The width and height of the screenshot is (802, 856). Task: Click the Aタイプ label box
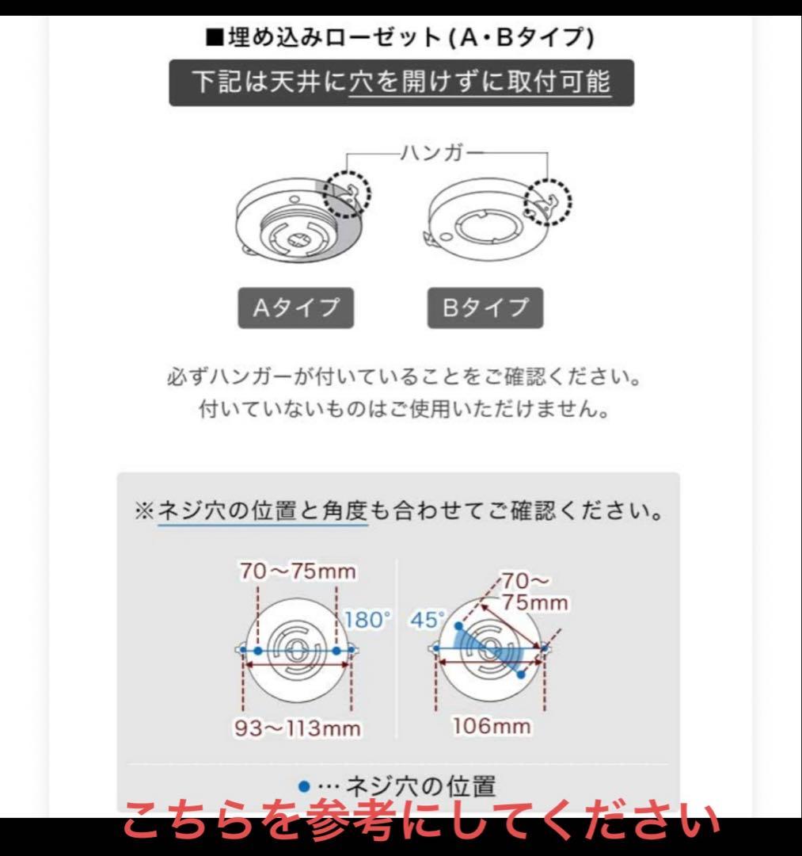tap(295, 308)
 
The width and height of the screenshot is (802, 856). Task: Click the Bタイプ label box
tap(485, 308)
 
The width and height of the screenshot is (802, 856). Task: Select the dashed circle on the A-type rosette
tap(349, 193)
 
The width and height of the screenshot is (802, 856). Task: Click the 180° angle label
tap(367, 620)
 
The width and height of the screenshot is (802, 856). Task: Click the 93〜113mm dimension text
tap(296, 728)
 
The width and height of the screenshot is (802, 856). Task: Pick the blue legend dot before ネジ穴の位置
tap(303, 786)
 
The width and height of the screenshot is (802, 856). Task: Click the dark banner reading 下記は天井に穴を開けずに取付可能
tap(401, 82)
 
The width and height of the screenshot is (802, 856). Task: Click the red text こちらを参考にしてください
tap(420, 823)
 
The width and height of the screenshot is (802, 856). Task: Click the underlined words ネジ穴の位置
tap(227, 511)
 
